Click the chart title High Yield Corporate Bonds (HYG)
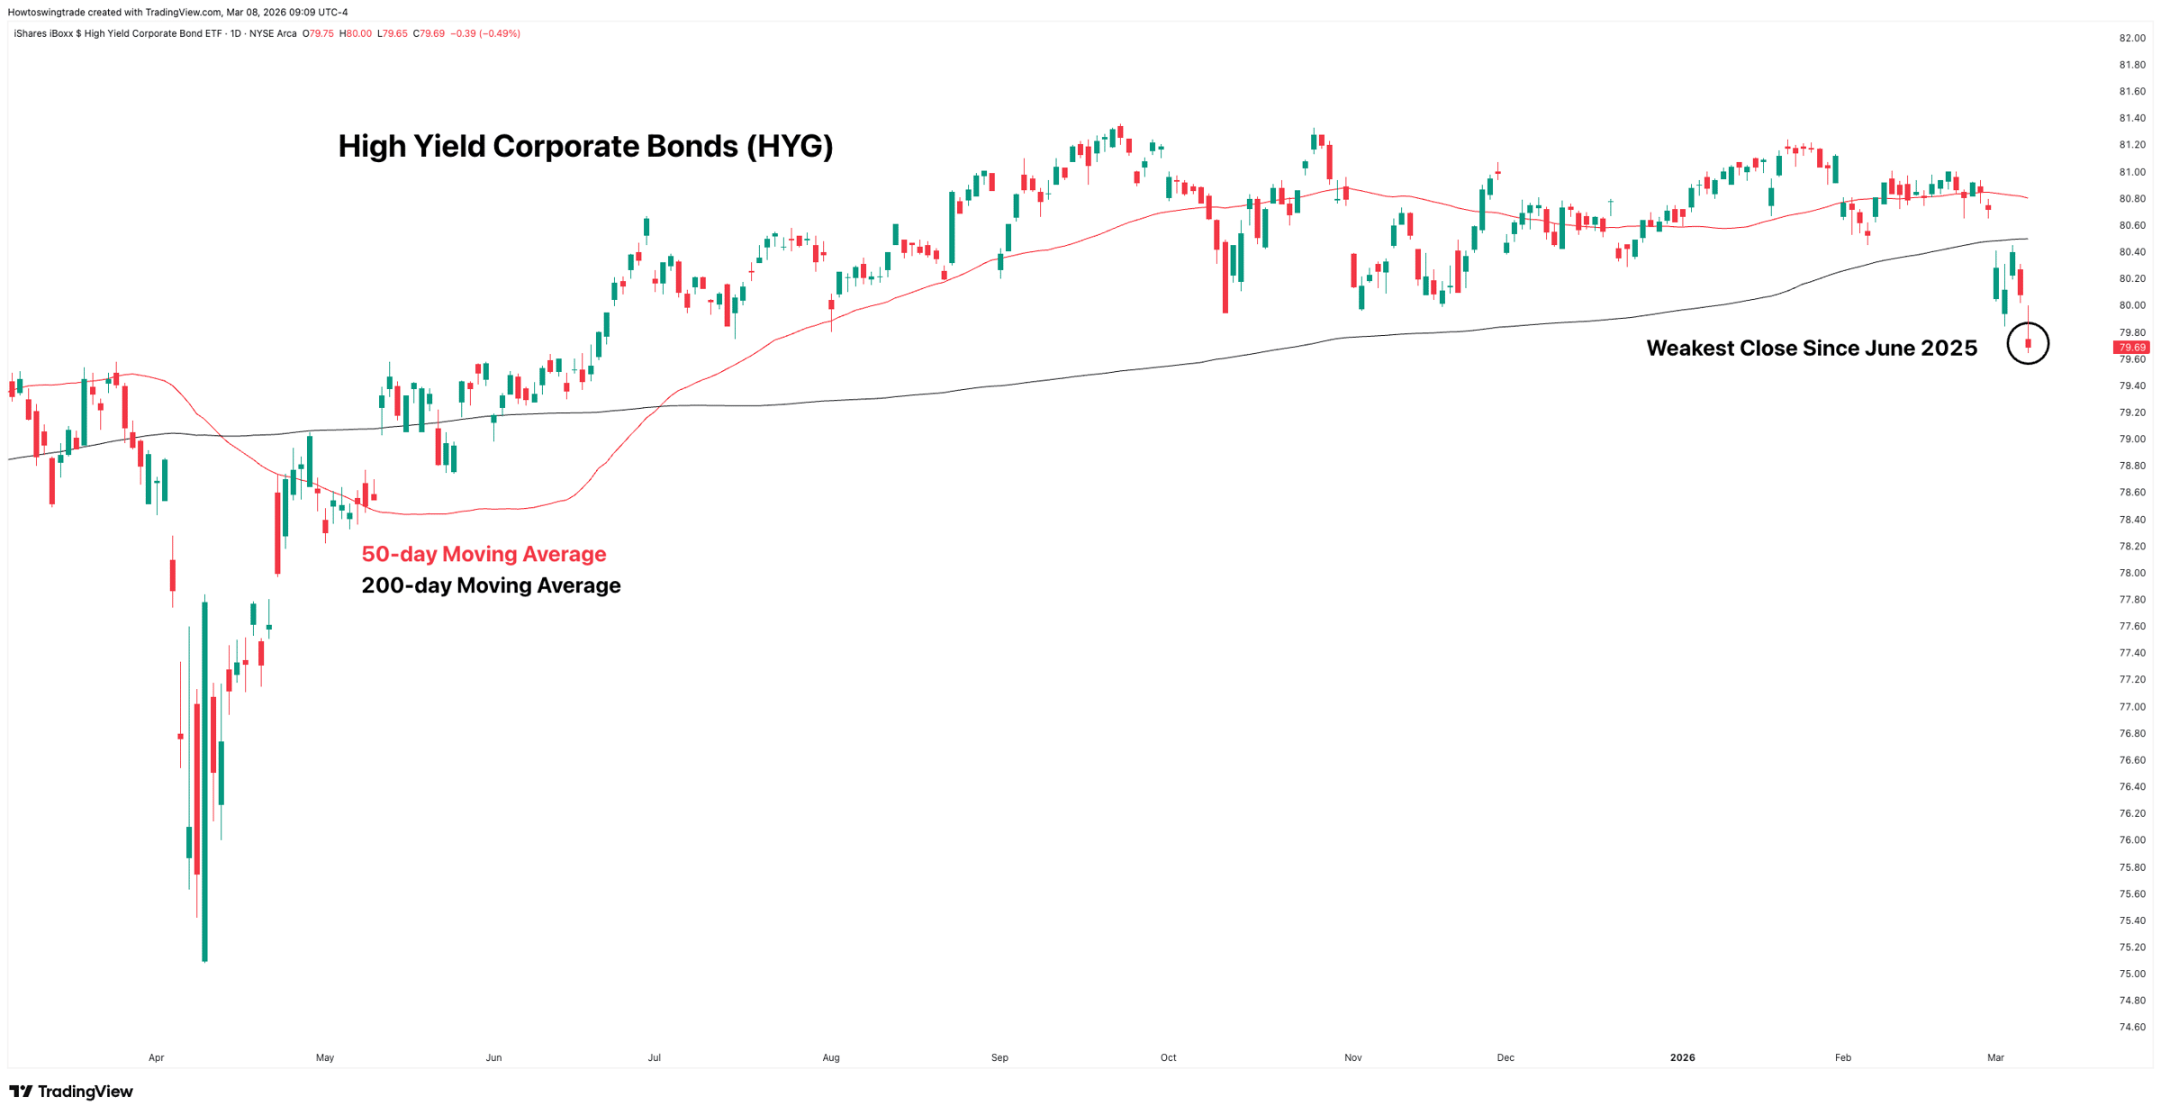click(585, 146)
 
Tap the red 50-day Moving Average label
click(484, 554)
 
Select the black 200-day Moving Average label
click(491, 585)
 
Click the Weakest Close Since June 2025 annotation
click(1811, 349)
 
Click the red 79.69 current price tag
click(2131, 348)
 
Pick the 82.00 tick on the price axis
click(2131, 38)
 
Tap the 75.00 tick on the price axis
click(2131, 974)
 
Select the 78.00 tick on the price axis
click(2131, 573)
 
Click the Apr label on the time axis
click(157, 1057)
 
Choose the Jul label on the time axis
click(655, 1057)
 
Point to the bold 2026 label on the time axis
click(1682, 1057)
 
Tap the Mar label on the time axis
click(1995, 1057)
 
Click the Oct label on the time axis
click(1168, 1057)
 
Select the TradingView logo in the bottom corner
click(71, 1092)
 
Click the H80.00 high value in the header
click(355, 33)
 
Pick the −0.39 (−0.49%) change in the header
click(485, 33)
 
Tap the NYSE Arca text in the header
click(274, 33)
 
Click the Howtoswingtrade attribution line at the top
click(177, 12)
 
